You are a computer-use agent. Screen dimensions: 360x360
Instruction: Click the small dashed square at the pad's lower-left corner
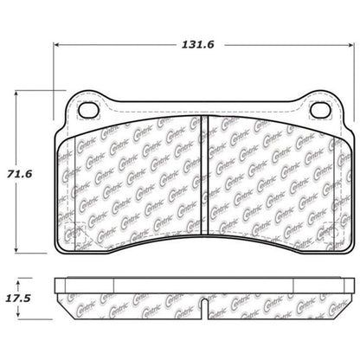coord(76,234)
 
